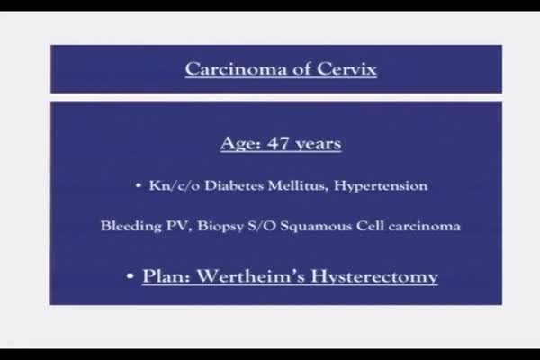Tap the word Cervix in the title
tap(346, 69)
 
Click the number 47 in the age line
tap(278, 143)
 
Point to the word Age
tap(240, 144)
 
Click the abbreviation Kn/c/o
tap(175, 186)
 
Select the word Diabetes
tap(235, 186)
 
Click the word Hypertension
tap(381, 186)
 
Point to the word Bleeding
tap(130, 226)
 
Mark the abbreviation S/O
tap(262, 226)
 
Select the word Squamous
tap(316, 227)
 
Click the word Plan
tap(166, 276)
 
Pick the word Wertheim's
tap(251, 276)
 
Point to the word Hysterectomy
tap(374, 276)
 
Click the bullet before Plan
tap(130, 276)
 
